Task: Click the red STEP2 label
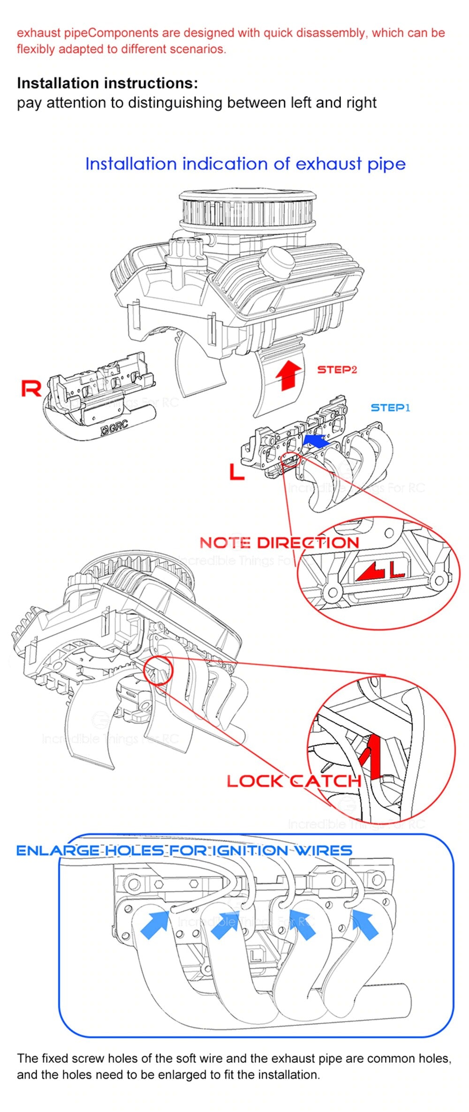[x=337, y=370]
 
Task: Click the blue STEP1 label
[x=390, y=408]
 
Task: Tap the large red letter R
[x=31, y=388]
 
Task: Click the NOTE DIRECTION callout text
[x=279, y=543]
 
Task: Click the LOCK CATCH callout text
[x=294, y=781]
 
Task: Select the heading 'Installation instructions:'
[x=107, y=83]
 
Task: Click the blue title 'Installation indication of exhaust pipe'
[x=245, y=164]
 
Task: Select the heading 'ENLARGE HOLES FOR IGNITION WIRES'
[x=184, y=851]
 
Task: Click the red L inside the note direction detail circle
[x=397, y=569]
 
